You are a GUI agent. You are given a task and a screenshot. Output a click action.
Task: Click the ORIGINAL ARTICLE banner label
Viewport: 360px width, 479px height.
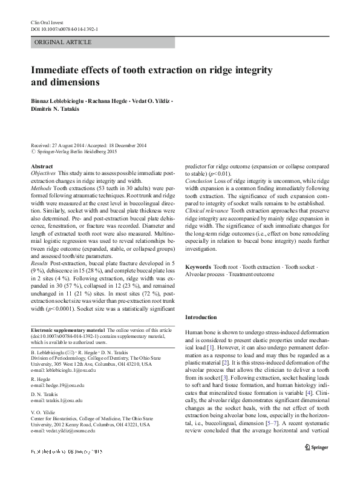[x=64, y=42]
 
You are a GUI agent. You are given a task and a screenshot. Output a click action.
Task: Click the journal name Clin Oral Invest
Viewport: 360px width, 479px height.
[x=47, y=22]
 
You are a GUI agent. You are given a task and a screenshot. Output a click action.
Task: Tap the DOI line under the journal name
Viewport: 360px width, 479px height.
[x=65, y=28]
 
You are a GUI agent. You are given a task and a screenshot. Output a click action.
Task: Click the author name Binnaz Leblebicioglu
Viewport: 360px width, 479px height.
[x=57, y=101]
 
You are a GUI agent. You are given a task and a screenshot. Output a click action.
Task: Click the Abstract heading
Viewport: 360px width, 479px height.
[x=41, y=166]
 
